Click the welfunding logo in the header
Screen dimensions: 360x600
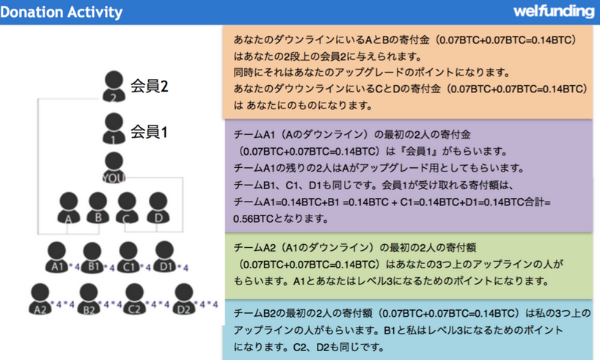pyautogui.click(x=554, y=11)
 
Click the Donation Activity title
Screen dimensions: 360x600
pyautogui.click(x=62, y=12)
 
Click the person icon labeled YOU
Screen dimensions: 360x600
pyautogui.click(x=114, y=168)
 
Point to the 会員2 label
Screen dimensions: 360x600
pyautogui.click(x=150, y=86)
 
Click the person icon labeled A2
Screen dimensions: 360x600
pyautogui.click(x=41, y=301)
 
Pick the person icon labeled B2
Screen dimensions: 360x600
pyautogui.click(x=88, y=301)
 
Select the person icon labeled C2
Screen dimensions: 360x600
pyautogui.click(x=134, y=301)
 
